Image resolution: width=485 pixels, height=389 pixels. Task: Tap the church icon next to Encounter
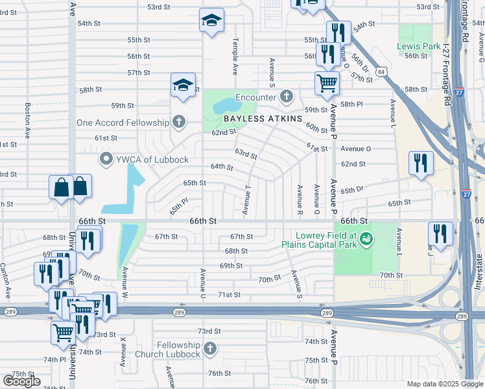(286, 98)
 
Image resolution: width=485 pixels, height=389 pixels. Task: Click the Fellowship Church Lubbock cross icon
(209, 349)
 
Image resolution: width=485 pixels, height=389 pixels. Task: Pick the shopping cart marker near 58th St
(327, 82)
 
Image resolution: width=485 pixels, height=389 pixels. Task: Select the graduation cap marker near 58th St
(183, 85)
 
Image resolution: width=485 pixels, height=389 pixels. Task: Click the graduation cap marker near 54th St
(211, 20)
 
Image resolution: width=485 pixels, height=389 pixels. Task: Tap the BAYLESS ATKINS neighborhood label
(263, 119)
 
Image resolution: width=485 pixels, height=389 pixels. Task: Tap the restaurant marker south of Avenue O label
(421, 163)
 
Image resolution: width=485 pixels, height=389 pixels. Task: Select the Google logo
(21, 381)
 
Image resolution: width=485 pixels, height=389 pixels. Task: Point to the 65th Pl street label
(178, 206)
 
